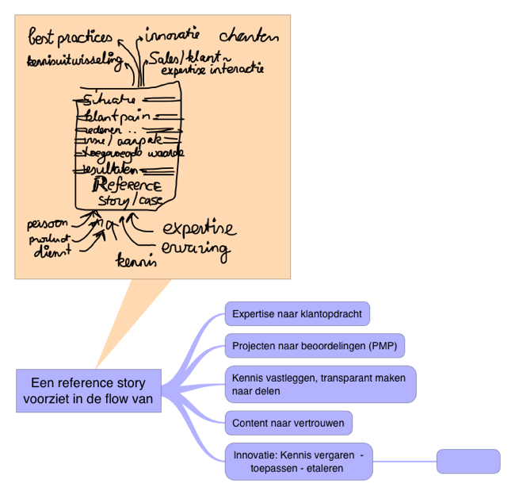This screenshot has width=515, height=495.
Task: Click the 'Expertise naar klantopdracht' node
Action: point(297,314)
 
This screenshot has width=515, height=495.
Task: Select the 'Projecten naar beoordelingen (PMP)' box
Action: point(315,347)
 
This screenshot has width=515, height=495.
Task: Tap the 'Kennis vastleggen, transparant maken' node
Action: point(319,384)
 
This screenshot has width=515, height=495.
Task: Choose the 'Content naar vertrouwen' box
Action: point(288,423)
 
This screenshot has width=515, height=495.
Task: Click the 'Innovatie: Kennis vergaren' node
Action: point(298,461)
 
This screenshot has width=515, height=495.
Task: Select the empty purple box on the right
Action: point(468,461)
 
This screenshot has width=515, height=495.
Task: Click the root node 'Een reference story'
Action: point(88,389)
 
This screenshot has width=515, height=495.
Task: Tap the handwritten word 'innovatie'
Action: point(173,36)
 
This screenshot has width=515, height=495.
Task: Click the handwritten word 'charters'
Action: point(249,36)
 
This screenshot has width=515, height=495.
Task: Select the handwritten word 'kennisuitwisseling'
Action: point(75,60)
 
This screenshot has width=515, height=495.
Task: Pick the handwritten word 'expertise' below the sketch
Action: point(199,228)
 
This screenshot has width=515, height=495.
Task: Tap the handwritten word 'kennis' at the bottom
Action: point(136,259)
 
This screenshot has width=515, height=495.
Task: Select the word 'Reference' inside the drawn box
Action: point(127,185)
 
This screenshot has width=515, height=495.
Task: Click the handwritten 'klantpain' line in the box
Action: point(117,117)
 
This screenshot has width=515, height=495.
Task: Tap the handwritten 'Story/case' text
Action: point(129,201)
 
